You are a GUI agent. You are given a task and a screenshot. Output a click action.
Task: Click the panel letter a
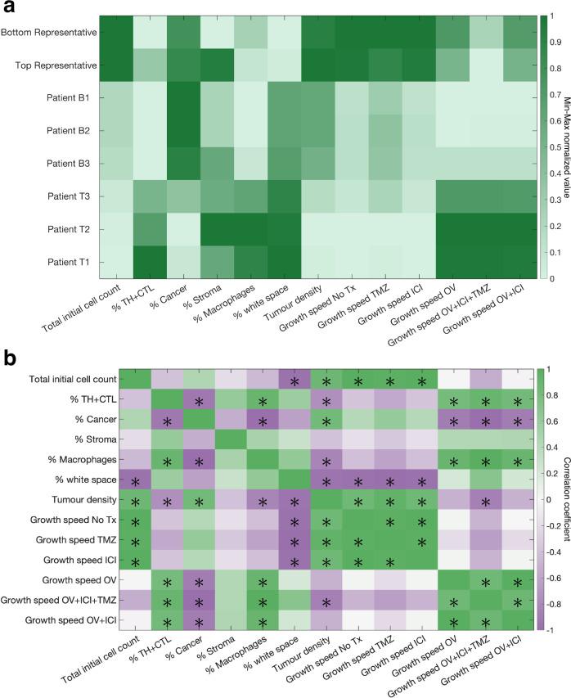[x=7, y=7]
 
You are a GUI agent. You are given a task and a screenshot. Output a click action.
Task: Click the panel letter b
[x=7, y=358]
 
